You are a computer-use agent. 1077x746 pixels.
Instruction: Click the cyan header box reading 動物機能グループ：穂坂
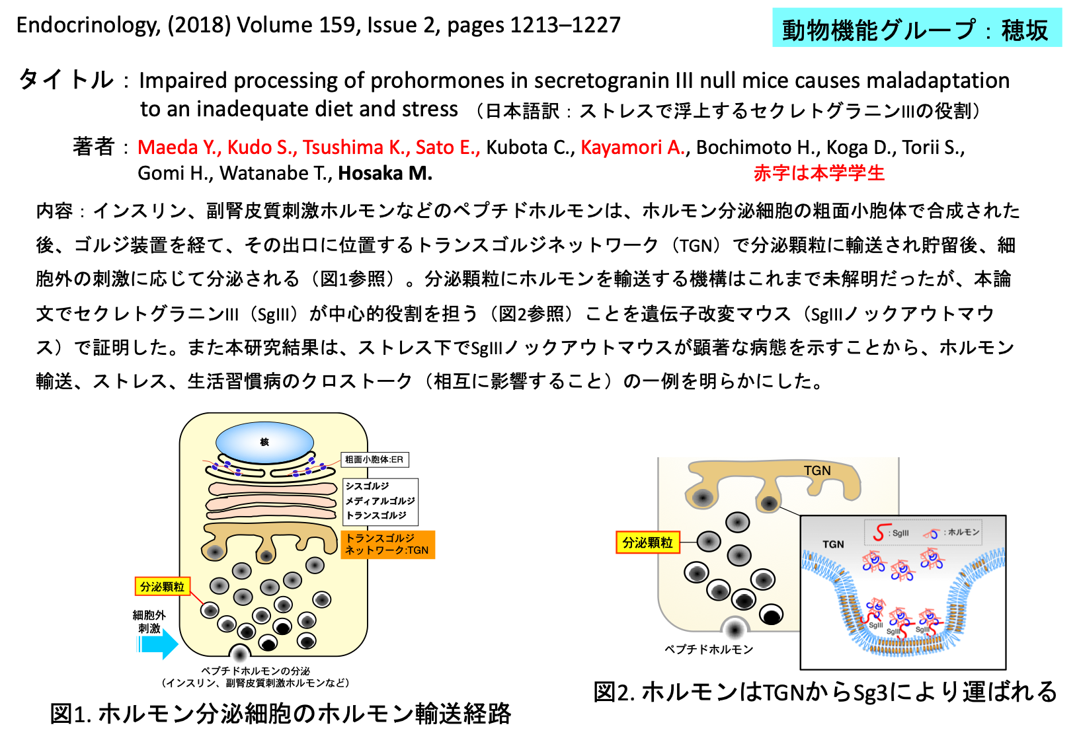coord(916,29)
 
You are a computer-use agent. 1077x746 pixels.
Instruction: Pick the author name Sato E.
coord(447,147)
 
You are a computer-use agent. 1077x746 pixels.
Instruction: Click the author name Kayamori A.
coord(632,147)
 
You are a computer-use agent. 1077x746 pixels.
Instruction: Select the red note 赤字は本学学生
coord(818,173)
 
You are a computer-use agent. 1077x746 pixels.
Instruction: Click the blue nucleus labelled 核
coord(264,441)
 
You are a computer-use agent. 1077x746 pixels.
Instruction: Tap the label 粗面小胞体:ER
coord(374,460)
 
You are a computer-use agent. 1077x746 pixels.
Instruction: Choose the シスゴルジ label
coord(368,486)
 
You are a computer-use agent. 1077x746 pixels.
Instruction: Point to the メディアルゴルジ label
coord(380,501)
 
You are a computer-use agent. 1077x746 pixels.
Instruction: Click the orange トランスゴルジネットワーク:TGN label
coord(388,544)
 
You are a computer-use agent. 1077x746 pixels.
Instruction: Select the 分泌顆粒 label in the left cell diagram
coord(162,587)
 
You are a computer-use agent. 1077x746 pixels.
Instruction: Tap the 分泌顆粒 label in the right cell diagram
coord(647,542)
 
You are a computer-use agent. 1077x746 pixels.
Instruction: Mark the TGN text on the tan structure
coord(817,470)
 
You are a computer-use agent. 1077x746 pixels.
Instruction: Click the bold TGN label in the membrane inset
coord(833,544)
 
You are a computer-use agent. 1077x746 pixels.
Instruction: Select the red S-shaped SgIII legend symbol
coord(879,533)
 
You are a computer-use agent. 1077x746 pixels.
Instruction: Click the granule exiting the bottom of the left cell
coord(239,655)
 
